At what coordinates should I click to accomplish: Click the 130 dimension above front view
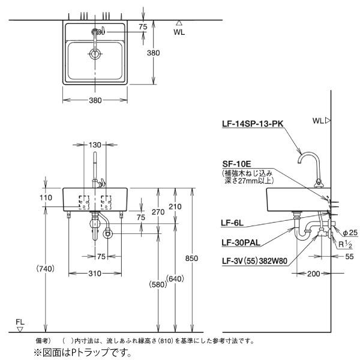(95, 145)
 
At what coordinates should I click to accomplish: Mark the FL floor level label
(20, 322)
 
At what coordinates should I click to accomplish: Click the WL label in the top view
(179, 32)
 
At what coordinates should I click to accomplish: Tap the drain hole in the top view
(95, 54)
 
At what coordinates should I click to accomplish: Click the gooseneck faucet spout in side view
(308, 157)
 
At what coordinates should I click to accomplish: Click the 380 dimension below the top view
(95, 100)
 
